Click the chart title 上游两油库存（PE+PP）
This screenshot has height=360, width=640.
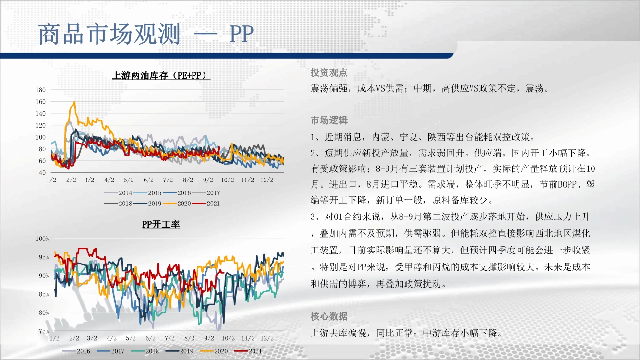[x=161, y=75]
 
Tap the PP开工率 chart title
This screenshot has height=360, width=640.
[x=161, y=224]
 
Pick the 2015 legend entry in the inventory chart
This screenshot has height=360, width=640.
[x=147, y=193]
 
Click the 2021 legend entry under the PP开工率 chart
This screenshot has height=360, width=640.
[x=248, y=351]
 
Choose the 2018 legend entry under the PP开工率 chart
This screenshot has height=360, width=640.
[x=145, y=351]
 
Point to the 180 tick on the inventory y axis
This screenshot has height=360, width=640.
[x=41, y=90]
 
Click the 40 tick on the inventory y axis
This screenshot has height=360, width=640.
[x=42, y=173]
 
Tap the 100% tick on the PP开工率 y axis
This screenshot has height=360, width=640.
[x=42, y=239]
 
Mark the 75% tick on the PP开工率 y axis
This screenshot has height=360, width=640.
[x=44, y=331]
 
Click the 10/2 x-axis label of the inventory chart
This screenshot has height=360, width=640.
[x=228, y=180]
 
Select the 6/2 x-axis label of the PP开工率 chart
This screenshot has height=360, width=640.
[x=151, y=338]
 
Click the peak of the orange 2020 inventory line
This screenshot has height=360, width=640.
[x=74, y=101]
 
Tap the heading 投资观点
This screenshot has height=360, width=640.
[x=329, y=72]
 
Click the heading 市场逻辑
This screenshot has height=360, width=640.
[x=329, y=120]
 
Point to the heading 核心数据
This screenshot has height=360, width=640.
[x=329, y=316]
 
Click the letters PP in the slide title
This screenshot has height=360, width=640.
[x=242, y=35]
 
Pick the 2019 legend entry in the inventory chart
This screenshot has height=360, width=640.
[x=147, y=204]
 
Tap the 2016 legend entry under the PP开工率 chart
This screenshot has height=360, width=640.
[x=76, y=351]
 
